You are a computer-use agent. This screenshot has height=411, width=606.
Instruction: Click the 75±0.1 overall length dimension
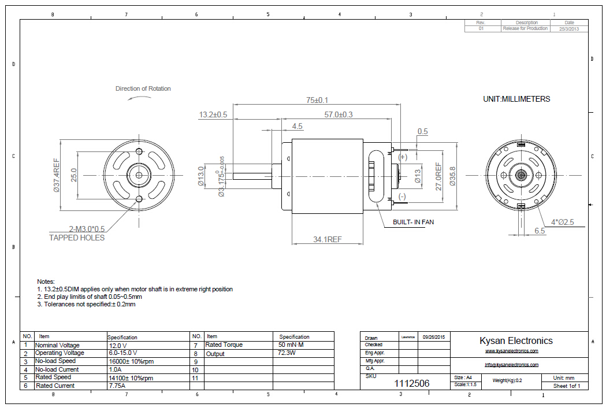point(317,100)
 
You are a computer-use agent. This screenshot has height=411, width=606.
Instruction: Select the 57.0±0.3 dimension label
point(338,114)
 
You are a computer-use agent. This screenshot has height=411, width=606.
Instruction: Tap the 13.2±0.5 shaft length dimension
point(213,114)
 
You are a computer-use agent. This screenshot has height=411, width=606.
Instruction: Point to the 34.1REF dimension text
point(327,239)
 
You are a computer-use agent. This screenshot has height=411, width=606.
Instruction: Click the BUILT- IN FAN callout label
point(413,222)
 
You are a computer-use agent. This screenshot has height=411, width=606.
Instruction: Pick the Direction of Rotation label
point(143,88)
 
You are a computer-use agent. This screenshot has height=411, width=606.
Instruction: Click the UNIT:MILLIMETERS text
point(516,99)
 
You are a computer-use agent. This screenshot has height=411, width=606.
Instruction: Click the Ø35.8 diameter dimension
point(452,176)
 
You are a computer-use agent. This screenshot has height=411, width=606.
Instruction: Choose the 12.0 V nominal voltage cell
point(118,345)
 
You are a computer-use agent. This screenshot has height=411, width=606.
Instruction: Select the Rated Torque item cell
point(224,345)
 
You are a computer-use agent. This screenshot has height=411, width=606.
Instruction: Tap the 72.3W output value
point(287,353)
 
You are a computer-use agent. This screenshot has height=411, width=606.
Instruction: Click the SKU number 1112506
point(412,383)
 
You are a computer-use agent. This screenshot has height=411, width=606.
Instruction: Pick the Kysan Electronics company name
point(516,340)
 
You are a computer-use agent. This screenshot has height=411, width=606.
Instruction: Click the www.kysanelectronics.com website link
point(511,351)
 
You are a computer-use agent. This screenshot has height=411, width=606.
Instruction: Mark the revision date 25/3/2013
point(569,28)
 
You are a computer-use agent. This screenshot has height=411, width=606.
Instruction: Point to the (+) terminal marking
point(403,157)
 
